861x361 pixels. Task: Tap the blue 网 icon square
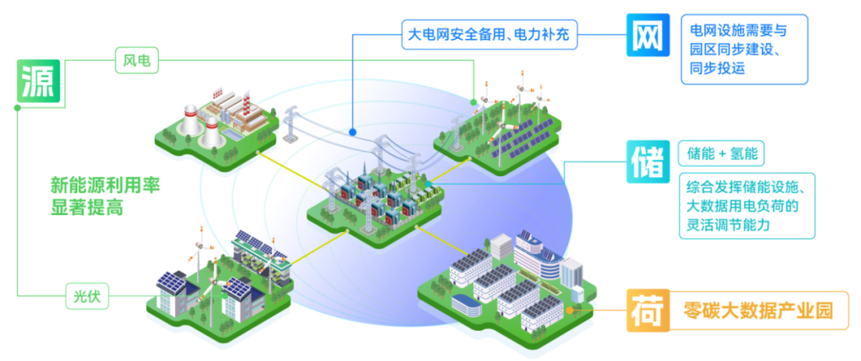648,35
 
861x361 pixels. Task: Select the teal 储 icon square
648,162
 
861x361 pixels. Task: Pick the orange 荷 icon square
648,311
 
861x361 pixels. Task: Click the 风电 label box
137,61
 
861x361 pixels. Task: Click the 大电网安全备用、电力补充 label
490,34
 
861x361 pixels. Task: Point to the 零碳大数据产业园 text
758,311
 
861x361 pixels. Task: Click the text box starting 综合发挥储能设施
747,206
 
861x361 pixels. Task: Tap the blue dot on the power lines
352,132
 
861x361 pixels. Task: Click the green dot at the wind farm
474,102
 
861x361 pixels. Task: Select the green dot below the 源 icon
18,108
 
